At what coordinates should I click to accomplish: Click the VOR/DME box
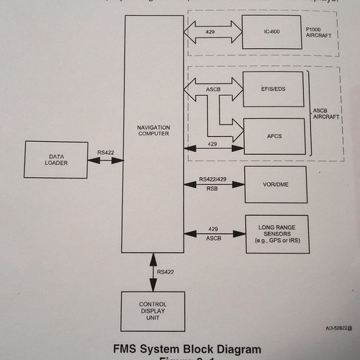pos(274,184)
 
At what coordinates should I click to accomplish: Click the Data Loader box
pos(57,160)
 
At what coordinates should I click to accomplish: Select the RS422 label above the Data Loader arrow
pos(106,152)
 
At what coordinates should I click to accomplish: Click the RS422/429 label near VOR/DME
pos(213,179)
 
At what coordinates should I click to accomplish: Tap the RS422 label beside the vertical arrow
pos(167,272)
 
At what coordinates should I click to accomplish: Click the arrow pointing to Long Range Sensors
pos(213,233)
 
